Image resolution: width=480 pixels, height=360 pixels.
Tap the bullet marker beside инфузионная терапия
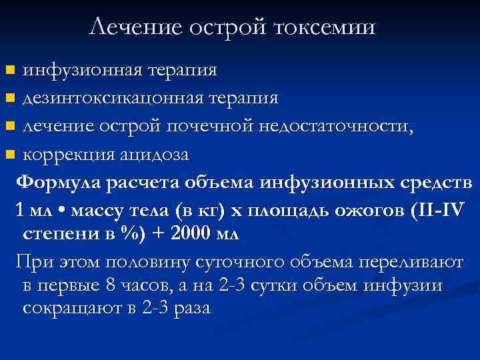pyautogui.click(x=9, y=70)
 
